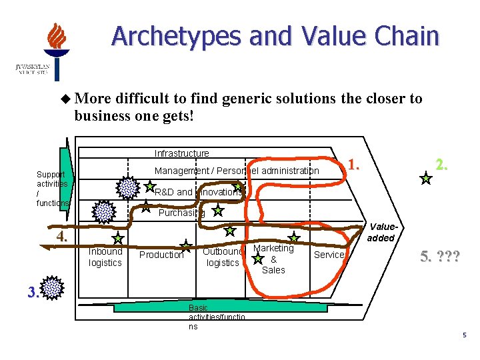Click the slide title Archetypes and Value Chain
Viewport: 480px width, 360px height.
pyautogui.click(x=275, y=36)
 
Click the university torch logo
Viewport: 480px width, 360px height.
pyautogui.click(x=56, y=51)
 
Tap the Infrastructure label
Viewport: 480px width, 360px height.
pyautogui.click(x=181, y=153)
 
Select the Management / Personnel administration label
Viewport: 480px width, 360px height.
pyautogui.click(x=237, y=171)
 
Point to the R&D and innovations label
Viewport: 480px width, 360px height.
pyautogui.click(x=198, y=192)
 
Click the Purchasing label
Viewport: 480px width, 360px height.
pyautogui.click(x=181, y=213)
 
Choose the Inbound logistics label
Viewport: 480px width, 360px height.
pyautogui.click(x=105, y=257)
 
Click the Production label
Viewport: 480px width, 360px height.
pyautogui.click(x=161, y=255)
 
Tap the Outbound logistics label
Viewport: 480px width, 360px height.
pyautogui.click(x=222, y=257)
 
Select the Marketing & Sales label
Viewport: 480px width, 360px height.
pyautogui.click(x=273, y=259)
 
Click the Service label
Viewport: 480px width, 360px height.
pyautogui.click(x=329, y=254)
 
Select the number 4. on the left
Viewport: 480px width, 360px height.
pyautogui.click(x=62, y=237)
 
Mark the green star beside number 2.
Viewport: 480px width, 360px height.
pyautogui.click(x=426, y=178)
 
